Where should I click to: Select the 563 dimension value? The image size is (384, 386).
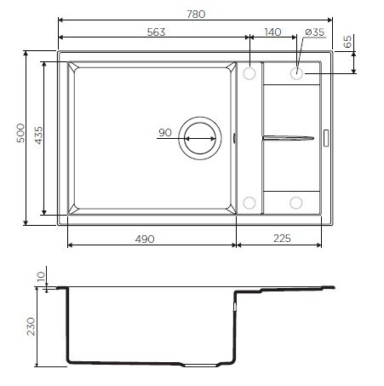(x=154, y=32)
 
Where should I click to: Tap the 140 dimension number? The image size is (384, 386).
(x=272, y=32)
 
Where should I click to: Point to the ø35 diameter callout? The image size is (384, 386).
(x=314, y=32)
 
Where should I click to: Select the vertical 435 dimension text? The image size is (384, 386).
(x=37, y=137)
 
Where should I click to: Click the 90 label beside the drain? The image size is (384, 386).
(x=165, y=132)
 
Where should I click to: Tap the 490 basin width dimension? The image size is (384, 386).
(x=144, y=239)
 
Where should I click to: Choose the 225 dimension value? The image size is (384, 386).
(x=282, y=239)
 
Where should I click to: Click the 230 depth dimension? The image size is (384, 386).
(x=32, y=326)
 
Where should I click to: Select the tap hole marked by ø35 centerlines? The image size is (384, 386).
(x=296, y=73)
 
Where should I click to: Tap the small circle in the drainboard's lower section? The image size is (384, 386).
(x=296, y=203)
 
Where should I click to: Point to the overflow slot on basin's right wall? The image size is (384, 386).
(x=235, y=136)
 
